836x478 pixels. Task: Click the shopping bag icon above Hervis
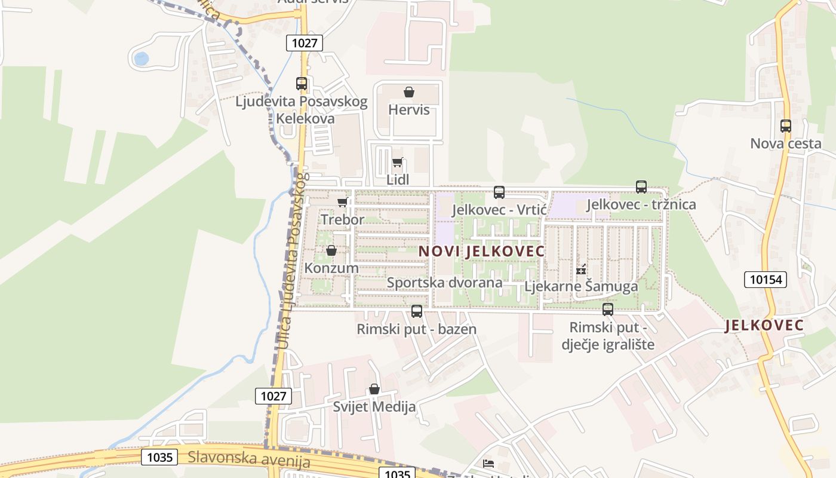(x=409, y=92)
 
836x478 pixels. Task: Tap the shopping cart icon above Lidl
(x=398, y=162)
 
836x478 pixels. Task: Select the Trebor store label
(x=342, y=219)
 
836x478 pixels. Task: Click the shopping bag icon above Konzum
(x=331, y=250)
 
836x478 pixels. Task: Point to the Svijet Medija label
(x=374, y=407)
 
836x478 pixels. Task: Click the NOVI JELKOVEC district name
(x=481, y=252)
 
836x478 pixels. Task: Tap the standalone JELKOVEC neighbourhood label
(x=764, y=326)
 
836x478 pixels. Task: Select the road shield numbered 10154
(x=766, y=279)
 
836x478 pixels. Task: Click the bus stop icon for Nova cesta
(x=786, y=126)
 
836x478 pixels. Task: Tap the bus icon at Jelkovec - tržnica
(x=641, y=187)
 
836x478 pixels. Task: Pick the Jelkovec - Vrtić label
(x=499, y=210)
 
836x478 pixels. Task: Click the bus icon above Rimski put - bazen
(x=417, y=311)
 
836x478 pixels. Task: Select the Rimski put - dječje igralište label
(x=608, y=336)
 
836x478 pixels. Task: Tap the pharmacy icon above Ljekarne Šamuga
(x=581, y=270)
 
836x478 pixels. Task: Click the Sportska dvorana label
(x=445, y=283)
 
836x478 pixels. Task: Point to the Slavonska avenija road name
(x=249, y=459)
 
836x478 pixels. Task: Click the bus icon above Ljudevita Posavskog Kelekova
(x=302, y=84)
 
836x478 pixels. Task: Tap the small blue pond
(x=142, y=59)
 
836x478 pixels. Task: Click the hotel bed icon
(x=488, y=463)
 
